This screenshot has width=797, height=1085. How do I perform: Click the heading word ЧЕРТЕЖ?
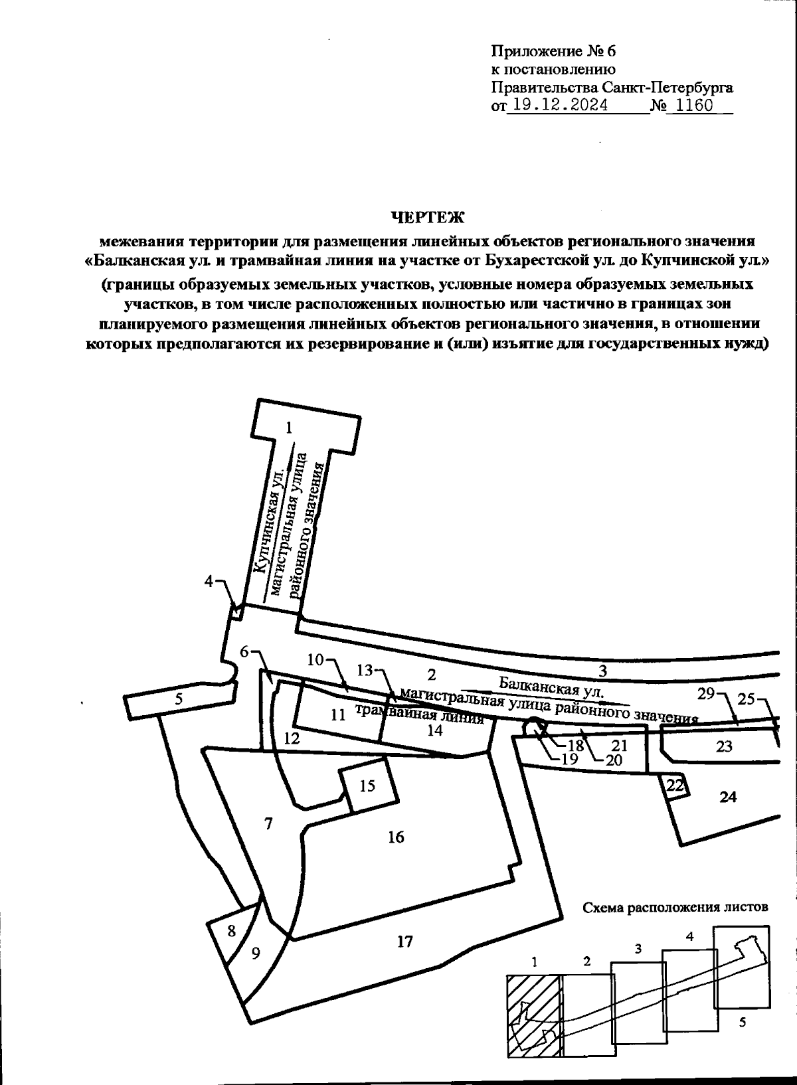click(x=427, y=217)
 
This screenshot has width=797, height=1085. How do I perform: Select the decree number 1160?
click(x=693, y=106)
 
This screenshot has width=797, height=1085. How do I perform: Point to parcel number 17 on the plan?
click(x=405, y=941)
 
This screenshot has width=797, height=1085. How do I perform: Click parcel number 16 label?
click(x=396, y=837)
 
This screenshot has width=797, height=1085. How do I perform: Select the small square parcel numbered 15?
click(x=367, y=786)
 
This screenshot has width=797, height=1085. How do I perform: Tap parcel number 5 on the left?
click(x=179, y=699)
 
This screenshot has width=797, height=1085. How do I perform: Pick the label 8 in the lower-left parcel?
click(x=231, y=931)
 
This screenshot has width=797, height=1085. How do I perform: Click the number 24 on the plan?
click(x=729, y=796)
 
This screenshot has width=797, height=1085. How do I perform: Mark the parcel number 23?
click(x=724, y=746)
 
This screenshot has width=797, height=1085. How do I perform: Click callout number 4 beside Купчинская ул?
click(x=210, y=582)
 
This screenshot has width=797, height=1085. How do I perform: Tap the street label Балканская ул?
click(x=551, y=686)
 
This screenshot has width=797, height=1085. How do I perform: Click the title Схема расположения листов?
click(x=675, y=907)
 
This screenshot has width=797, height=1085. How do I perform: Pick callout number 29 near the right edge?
click(x=705, y=694)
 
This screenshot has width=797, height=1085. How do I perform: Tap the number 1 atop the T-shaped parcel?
click(x=289, y=428)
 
